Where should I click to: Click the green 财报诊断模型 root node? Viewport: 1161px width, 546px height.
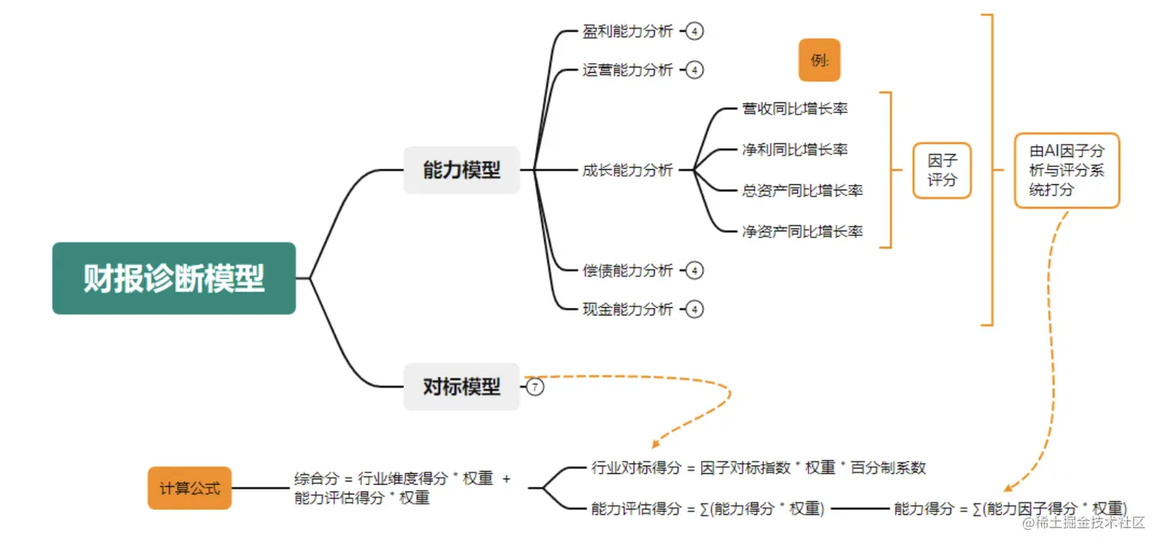click(174, 278)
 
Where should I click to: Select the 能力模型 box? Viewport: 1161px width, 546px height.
click(461, 170)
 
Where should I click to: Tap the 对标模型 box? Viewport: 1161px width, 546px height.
click(461, 386)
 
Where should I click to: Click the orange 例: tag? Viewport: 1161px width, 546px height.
click(819, 60)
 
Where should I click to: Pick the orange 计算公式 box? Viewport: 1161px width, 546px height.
click(190, 488)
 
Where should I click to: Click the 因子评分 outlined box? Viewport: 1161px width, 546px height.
click(941, 170)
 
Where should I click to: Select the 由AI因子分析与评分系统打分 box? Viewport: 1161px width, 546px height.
click(1066, 170)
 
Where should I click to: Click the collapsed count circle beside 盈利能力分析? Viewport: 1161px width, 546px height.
click(694, 31)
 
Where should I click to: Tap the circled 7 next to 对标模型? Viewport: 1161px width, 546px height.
click(535, 387)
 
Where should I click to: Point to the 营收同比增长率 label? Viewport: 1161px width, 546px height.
click(795, 108)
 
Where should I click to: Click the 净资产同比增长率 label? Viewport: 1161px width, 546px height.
click(802, 231)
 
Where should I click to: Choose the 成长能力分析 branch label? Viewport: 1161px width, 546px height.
click(627, 170)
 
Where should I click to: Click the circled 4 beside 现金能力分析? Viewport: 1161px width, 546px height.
click(694, 309)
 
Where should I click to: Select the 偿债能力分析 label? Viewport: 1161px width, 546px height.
click(627, 270)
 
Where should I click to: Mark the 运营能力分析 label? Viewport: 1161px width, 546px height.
click(627, 70)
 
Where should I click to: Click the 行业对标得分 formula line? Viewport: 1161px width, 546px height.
click(759, 468)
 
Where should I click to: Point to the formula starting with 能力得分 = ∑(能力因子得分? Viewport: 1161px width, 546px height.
click(1010, 508)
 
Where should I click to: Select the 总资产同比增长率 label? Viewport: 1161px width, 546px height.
click(802, 190)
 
